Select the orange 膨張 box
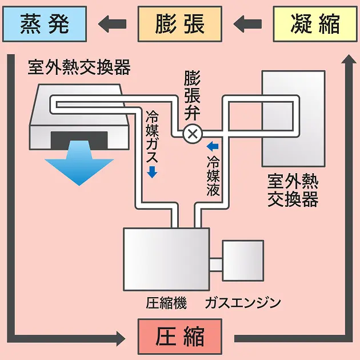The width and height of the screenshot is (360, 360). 179,24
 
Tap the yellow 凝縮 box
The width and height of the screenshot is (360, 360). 315,24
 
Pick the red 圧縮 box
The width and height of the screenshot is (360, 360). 179,337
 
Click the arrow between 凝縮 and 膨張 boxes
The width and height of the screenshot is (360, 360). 247,24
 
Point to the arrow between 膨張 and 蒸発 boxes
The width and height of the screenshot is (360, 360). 112,24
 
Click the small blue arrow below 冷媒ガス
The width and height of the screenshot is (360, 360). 152,173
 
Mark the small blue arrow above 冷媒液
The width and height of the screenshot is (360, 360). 212,145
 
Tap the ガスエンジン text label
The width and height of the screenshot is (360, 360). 243,303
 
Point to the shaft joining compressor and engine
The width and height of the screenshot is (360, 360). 215,264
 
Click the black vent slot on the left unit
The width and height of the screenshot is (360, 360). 79,139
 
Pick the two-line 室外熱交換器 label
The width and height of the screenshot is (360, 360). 293,191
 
